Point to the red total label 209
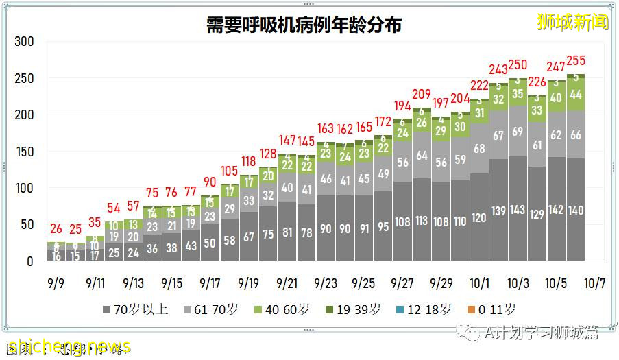(422, 94)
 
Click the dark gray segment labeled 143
(518, 210)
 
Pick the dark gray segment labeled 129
(537, 214)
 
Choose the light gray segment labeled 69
(518, 130)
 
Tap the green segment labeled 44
(576, 94)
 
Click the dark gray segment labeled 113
(422, 221)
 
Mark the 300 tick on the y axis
(25, 42)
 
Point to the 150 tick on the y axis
(25, 152)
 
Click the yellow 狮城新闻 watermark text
(572, 23)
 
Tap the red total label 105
(229, 170)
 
